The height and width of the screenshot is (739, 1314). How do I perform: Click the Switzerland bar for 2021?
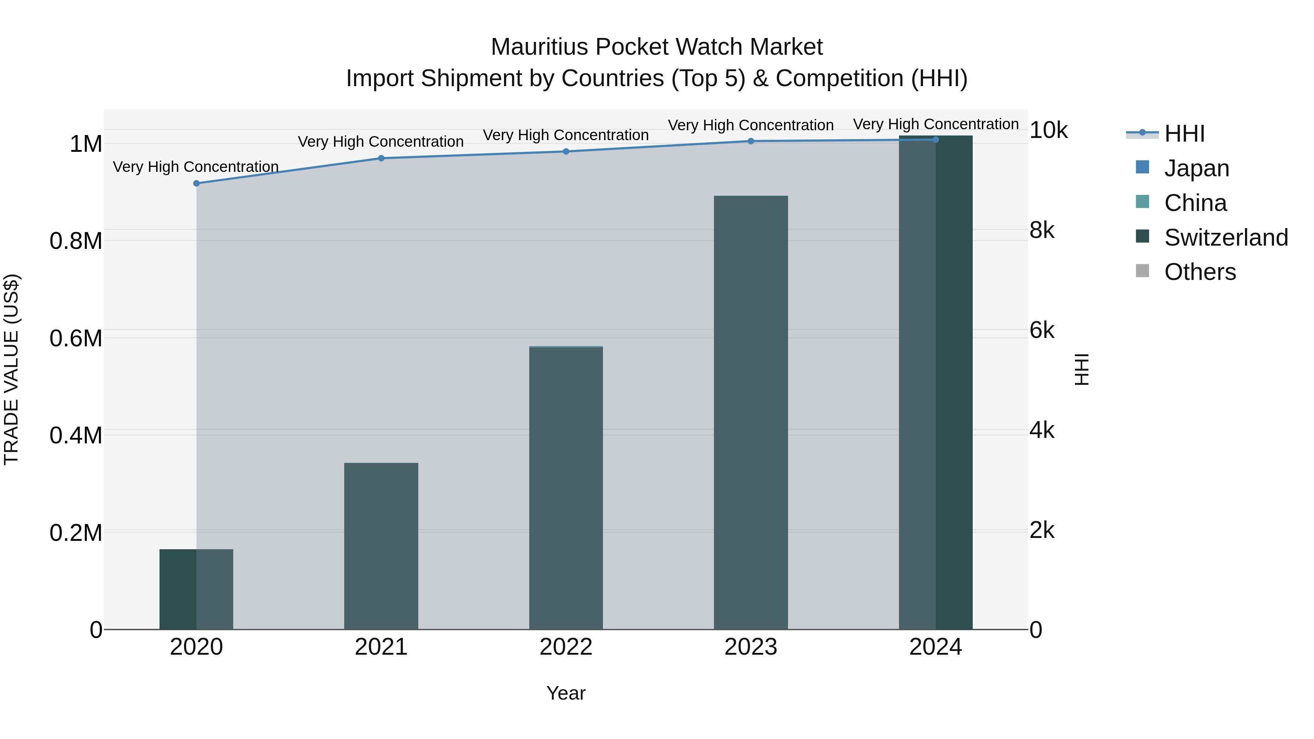click(381, 546)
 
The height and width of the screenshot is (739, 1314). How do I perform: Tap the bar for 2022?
click(566, 488)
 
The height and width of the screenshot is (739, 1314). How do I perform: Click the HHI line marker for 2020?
click(196, 183)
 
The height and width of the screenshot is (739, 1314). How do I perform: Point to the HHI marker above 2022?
click(566, 151)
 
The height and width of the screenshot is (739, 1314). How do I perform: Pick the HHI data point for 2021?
click(381, 158)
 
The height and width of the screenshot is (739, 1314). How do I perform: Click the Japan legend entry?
click(1196, 168)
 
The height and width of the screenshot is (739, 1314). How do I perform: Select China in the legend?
click(1195, 203)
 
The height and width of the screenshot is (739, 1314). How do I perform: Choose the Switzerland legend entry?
click(1226, 238)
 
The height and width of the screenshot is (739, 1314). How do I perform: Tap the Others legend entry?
click(1200, 272)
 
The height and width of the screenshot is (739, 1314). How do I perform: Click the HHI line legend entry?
click(1184, 134)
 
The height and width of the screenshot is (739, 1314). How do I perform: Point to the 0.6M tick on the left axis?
click(76, 338)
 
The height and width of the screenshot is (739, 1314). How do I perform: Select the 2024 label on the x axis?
click(935, 647)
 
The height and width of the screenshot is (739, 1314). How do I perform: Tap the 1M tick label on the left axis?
click(86, 144)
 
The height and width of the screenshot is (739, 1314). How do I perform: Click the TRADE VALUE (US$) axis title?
click(11, 369)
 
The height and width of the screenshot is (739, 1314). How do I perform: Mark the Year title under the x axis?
click(566, 693)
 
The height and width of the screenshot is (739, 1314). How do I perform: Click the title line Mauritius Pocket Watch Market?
click(657, 47)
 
